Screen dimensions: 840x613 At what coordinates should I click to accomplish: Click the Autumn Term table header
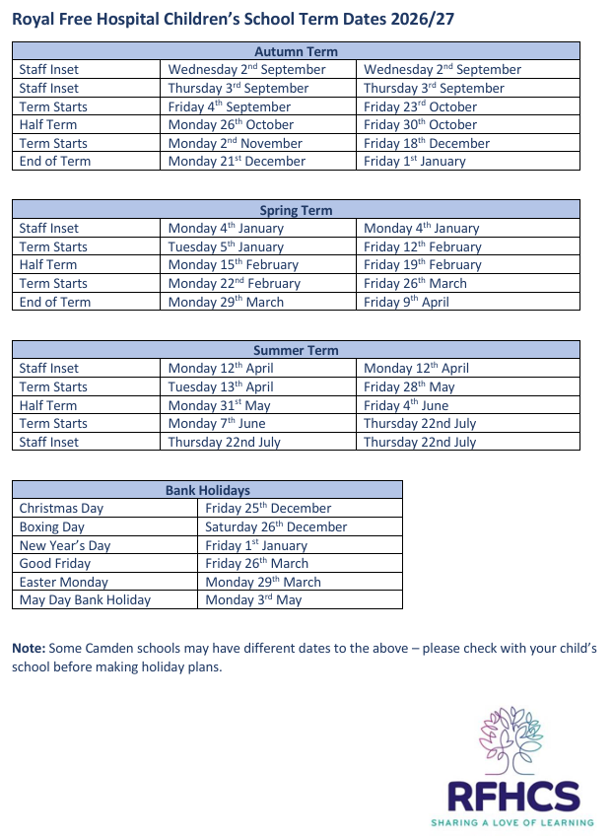click(296, 51)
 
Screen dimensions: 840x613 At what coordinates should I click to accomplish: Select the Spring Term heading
click(296, 210)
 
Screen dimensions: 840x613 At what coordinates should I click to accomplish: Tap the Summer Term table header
click(296, 350)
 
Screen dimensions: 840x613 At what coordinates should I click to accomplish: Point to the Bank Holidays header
click(207, 490)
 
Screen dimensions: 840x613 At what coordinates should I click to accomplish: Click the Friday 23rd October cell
click(420, 106)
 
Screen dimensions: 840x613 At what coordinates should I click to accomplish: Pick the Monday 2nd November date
click(236, 143)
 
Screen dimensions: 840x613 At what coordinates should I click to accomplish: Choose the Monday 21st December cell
click(236, 161)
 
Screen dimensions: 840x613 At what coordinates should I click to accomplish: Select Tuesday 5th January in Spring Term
click(226, 246)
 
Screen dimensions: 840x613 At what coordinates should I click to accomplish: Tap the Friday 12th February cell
click(422, 246)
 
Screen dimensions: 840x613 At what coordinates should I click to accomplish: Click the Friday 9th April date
click(406, 302)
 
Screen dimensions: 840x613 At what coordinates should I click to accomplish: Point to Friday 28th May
click(409, 386)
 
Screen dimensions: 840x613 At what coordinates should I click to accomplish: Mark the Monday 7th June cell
click(217, 423)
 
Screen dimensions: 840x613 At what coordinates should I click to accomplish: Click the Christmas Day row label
click(61, 509)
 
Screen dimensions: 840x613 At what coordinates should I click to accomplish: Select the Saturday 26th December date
click(276, 526)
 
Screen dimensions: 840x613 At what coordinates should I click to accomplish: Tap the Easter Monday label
click(65, 582)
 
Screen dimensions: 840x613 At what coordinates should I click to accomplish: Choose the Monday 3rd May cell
click(253, 599)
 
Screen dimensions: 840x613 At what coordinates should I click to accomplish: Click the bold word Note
click(29, 649)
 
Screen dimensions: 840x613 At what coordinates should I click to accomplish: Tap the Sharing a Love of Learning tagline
click(511, 821)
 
